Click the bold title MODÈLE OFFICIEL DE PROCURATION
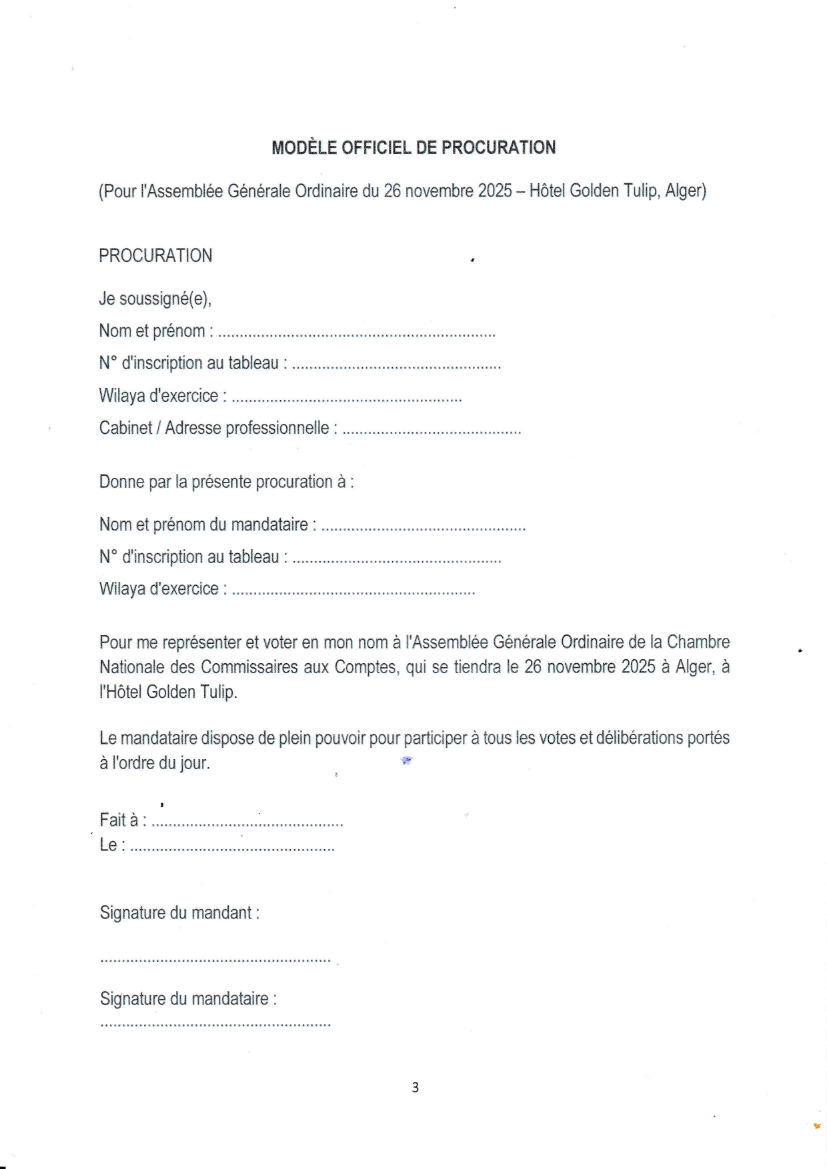pyautogui.click(x=414, y=147)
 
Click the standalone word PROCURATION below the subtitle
pyautogui.click(x=155, y=255)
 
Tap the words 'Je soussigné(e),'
pyautogui.click(x=155, y=299)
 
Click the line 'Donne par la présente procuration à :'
pyautogui.click(x=226, y=481)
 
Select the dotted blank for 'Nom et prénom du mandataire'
pyautogui.click(x=424, y=528)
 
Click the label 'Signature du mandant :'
pyautogui.click(x=179, y=912)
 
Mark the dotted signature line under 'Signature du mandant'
pyautogui.click(x=215, y=960)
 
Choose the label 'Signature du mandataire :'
pyautogui.click(x=188, y=998)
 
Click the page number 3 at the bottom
pyautogui.click(x=415, y=1087)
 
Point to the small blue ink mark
pyautogui.click(x=406, y=760)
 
